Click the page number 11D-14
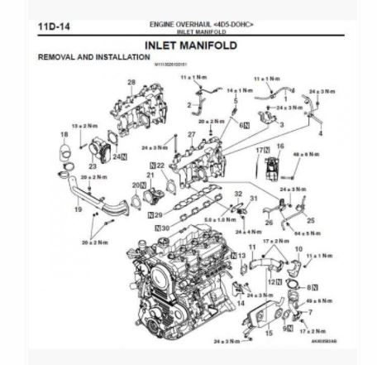pos(52,26)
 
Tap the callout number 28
pos(131,81)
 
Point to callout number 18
pos(64,134)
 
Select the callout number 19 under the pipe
pos(79,210)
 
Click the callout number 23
pos(92,166)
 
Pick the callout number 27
pos(191,134)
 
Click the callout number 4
pos(319,133)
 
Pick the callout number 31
pos(254,199)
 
